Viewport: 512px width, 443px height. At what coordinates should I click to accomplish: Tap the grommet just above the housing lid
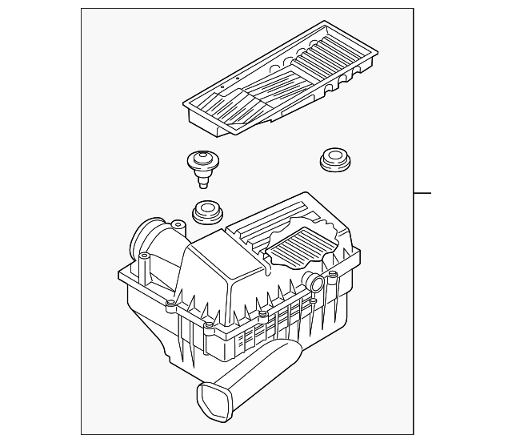[209, 213]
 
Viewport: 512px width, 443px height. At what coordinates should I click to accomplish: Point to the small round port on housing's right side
[314, 282]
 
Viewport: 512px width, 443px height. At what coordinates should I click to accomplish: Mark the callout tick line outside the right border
[422, 193]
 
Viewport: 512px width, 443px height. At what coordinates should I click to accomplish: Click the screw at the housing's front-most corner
[208, 327]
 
